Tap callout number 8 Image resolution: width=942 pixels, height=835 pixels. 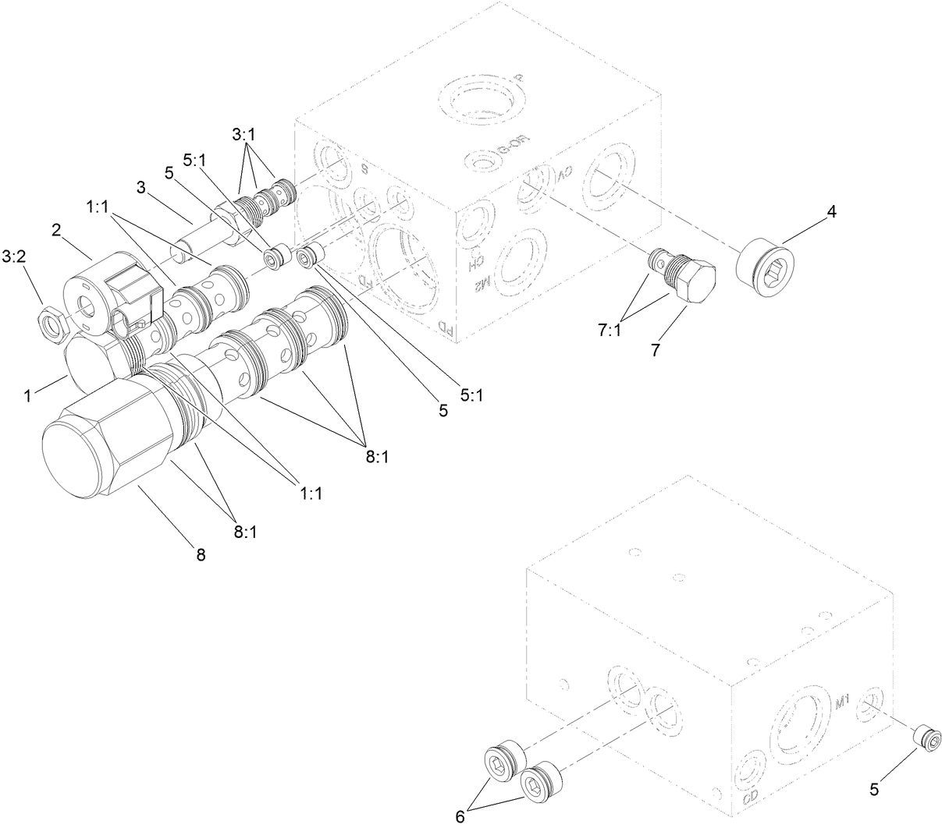(x=201, y=556)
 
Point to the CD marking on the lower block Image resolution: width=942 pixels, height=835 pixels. (x=750, y=798)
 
